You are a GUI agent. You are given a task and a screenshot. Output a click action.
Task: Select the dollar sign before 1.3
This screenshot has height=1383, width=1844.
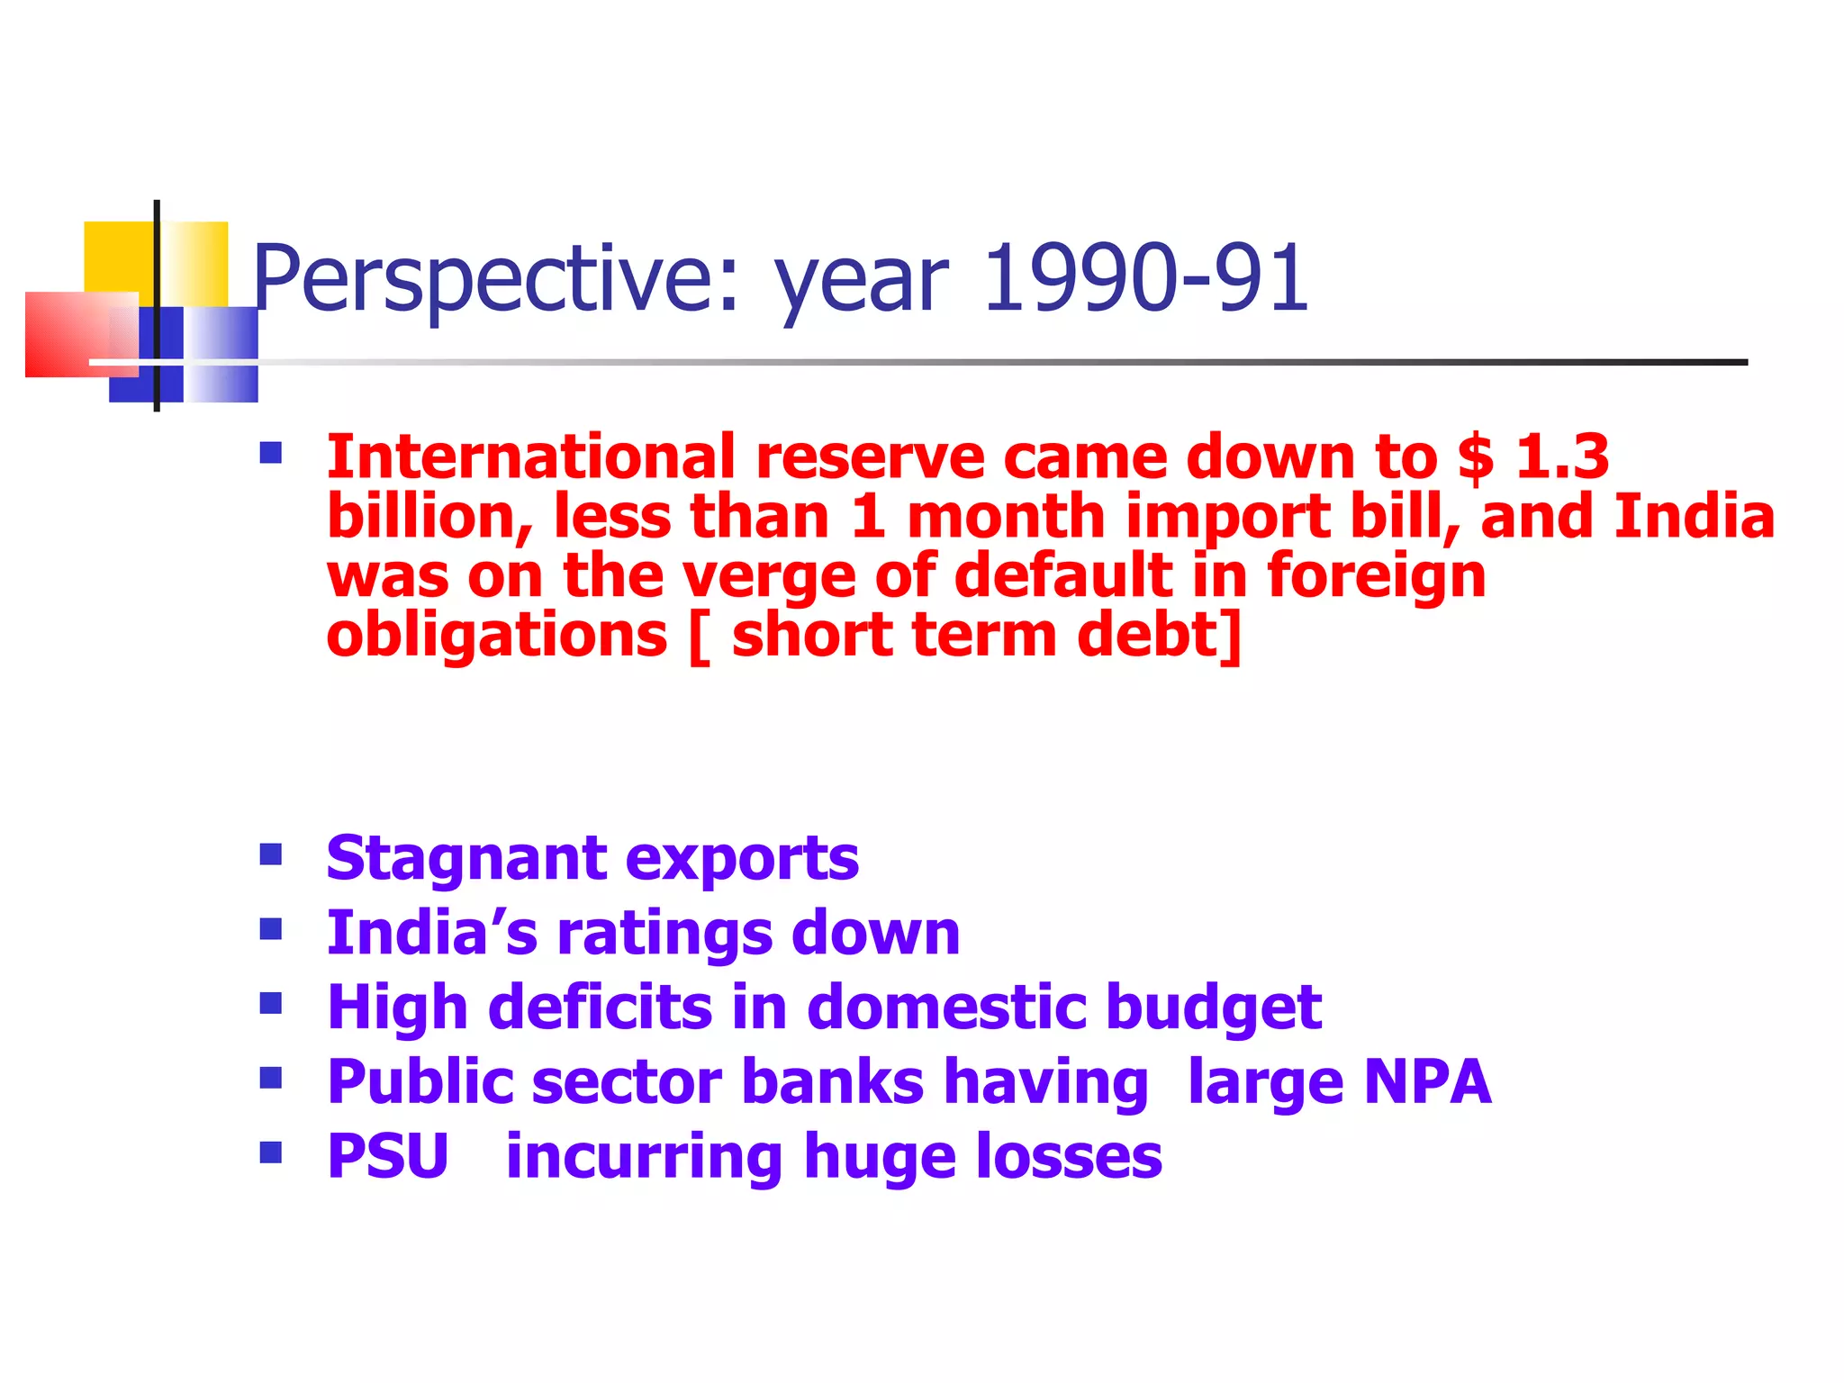coord(1475,456)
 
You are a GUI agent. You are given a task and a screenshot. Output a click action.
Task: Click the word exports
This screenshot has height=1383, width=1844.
coord(742,859)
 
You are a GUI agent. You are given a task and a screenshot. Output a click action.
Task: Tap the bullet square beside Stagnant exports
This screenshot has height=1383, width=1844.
coord(270,853)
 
